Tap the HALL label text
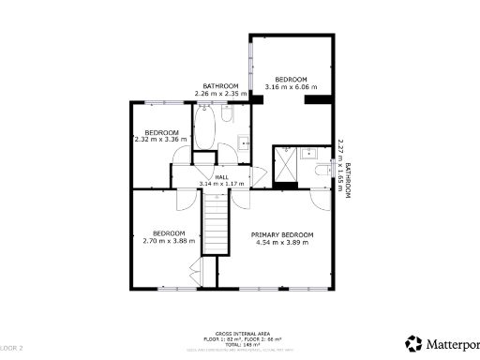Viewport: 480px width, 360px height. pos(221,177)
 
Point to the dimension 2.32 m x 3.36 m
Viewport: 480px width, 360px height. pos(161,140)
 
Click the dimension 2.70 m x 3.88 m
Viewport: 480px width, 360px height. pos(169,241)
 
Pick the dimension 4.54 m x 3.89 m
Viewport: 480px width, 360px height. pos(282,242)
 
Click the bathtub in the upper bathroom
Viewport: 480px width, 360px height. pos(205,129)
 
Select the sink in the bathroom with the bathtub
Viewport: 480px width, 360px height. pos(242,142)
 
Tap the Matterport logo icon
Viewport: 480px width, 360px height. pos(413,343)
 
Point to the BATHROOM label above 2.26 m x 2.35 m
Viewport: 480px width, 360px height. pos(221,86)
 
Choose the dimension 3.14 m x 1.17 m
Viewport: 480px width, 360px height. pos(221,185)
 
